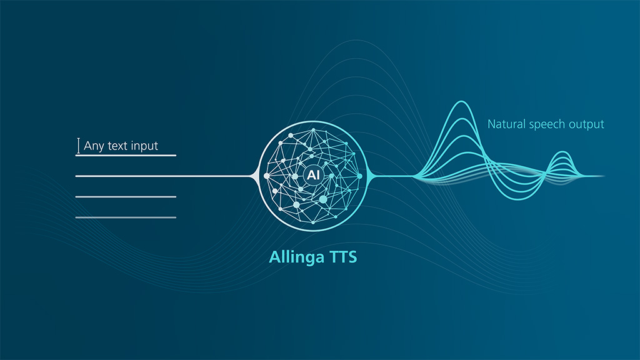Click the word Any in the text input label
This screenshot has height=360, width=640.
tap(94, 146)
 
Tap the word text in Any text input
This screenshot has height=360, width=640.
tap(117, 146)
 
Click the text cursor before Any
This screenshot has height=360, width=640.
tap(78, 146)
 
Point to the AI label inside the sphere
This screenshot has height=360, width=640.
tap(313, 175)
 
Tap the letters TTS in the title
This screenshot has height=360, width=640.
tap(343, 257)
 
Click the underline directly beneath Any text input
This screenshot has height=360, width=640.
tap(126, 156)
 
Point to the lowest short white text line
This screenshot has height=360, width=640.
tap(126, 217)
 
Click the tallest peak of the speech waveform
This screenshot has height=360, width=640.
tap(462, 102)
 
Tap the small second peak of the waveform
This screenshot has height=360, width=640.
tap(563, 152)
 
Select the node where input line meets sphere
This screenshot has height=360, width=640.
tap(266, 176)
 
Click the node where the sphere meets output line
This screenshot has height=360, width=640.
tap(359, 176)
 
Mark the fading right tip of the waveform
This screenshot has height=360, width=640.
tap(604, 176)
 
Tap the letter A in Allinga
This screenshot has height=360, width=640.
tap(275, 257)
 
